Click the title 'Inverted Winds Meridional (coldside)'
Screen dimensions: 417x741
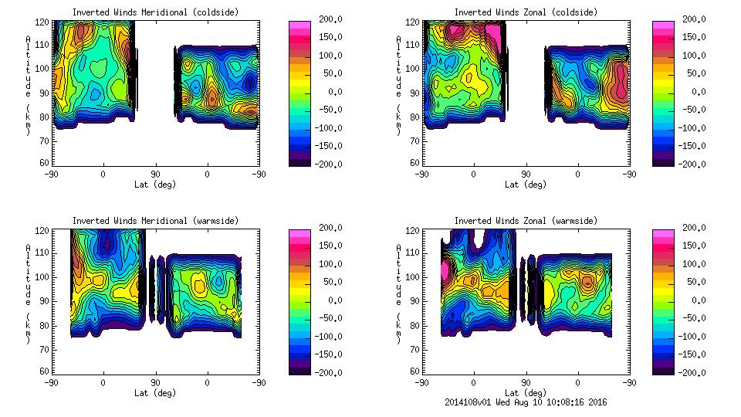pyautogui.click(x=155, y=12)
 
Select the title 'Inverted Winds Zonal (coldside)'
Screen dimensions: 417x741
pyautogui.click(x=526, y=12)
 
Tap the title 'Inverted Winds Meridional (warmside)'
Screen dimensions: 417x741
pyautogui.click(x=155, y=221)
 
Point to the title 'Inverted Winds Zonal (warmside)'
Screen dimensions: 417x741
pyautogui.click(x=526, y=221)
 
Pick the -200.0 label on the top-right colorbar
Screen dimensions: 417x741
pyautogui.click(x=696, y=164)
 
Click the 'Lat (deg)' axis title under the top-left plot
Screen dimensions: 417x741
pyautogui.click(x=155, y=185)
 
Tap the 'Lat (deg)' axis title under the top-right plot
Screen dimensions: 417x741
pyautogui.click(x=526, y=185)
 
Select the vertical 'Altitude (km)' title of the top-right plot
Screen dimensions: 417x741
pyautogui.click(x=398, y=85)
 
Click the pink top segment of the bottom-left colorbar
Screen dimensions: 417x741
pyautogui.click(x=299, y=232)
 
